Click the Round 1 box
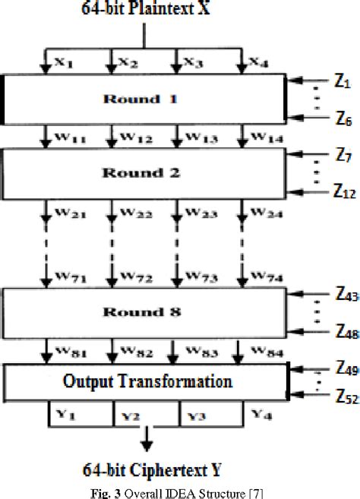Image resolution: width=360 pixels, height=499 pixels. [x=144, y=99]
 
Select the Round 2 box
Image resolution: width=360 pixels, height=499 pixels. [x=144, y=171]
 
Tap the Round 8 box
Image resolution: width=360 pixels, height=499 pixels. [x=144, y=311]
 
